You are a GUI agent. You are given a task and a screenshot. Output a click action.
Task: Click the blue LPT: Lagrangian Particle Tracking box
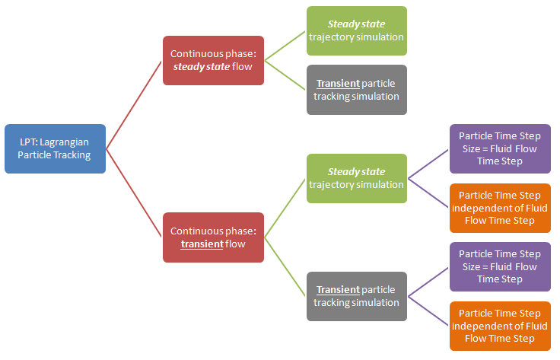(55, 148)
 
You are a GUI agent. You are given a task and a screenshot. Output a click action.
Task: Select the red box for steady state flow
(213, 60)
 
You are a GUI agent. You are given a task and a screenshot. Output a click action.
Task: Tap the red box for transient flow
(213, 237)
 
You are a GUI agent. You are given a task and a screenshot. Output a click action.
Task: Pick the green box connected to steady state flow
(356, 30)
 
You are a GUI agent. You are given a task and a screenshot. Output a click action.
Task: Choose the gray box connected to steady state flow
(356, 90)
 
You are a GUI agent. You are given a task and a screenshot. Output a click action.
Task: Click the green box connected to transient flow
(356, 178)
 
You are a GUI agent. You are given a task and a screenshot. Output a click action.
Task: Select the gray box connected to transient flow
(356, 296)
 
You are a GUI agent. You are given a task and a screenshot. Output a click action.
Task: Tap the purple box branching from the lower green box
(499, 148)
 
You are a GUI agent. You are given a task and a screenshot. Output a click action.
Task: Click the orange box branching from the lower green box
(499, 208)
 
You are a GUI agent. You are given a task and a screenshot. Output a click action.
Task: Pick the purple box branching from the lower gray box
(499, 266)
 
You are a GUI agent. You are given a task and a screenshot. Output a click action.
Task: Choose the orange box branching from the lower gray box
(499, 326)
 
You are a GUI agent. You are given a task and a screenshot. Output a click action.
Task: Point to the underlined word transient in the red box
(202, 244)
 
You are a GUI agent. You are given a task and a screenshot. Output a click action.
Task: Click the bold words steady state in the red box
(202, 67)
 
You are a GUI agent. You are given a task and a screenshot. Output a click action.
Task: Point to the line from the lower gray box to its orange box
(428, 311)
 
